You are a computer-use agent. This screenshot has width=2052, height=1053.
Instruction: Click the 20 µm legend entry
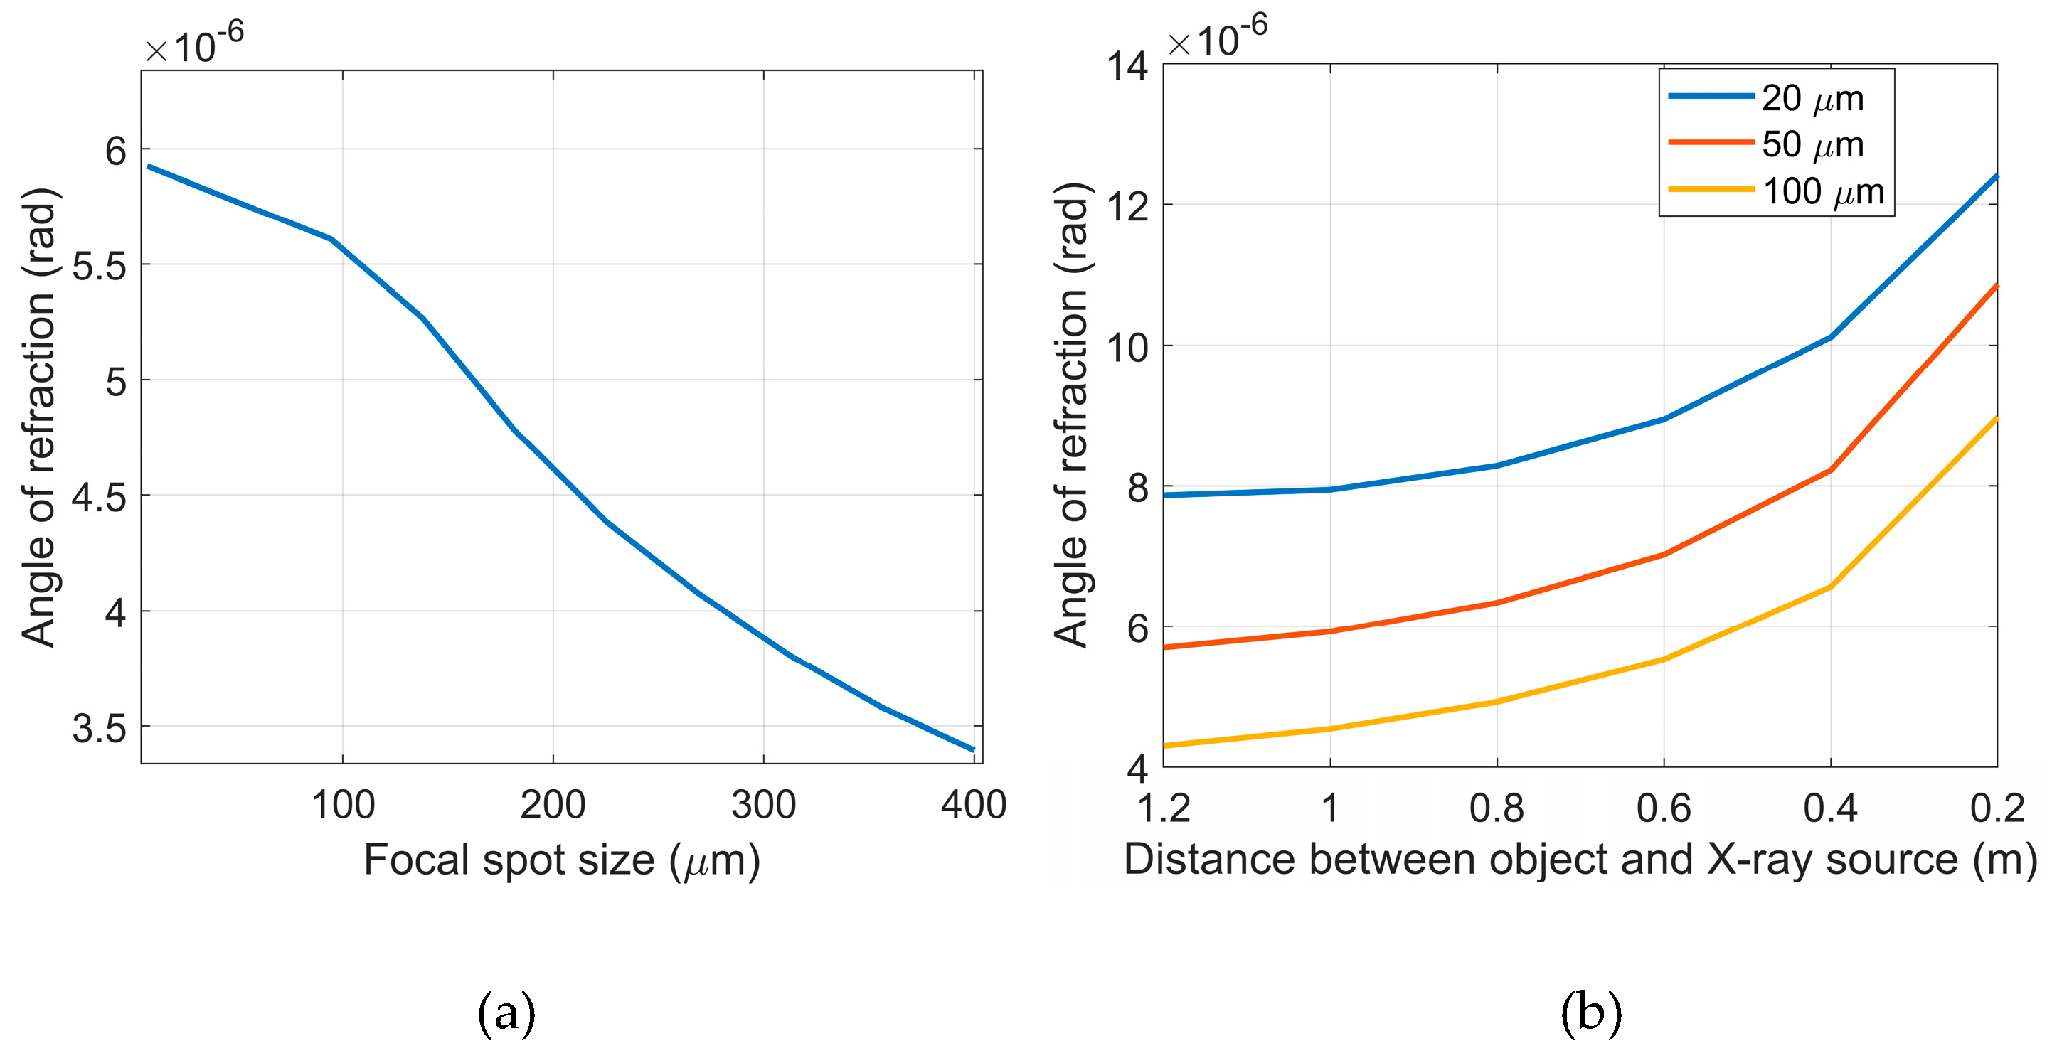click(x=1812, y=99)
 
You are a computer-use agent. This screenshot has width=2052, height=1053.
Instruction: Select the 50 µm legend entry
click(x=1812, y=145)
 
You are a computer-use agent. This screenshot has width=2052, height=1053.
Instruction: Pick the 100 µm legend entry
click(x=1822, y=192)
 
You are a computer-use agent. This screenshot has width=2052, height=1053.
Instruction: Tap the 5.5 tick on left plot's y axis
click(x=99, y=266)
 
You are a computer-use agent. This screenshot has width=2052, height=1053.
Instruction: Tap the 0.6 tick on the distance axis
click(x=1663, y=808)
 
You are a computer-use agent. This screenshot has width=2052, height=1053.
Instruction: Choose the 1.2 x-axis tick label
click(x=1164, y=808)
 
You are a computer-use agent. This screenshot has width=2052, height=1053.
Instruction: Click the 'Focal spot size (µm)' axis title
click(x=562, y=860)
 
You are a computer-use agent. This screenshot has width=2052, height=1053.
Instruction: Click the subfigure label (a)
click(x=506, y=1014)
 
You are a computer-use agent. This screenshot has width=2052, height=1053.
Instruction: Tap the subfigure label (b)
click(x=1591, y=1014)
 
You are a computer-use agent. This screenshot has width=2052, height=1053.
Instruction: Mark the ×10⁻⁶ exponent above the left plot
click(x=193, y=45)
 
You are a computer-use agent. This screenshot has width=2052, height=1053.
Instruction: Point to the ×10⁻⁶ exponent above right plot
click(x=1216, y=38)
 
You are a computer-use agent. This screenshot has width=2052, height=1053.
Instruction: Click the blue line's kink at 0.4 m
click(x=1831, y=337)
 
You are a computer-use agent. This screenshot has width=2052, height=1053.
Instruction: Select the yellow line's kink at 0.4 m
click(x=1831, y=587)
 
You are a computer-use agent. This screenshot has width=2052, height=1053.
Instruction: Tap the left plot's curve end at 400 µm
click(x=972, y=749)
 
